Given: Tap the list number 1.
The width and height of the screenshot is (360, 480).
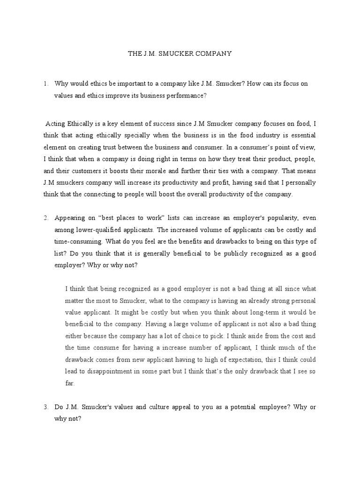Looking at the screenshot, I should tap(45, 83).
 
